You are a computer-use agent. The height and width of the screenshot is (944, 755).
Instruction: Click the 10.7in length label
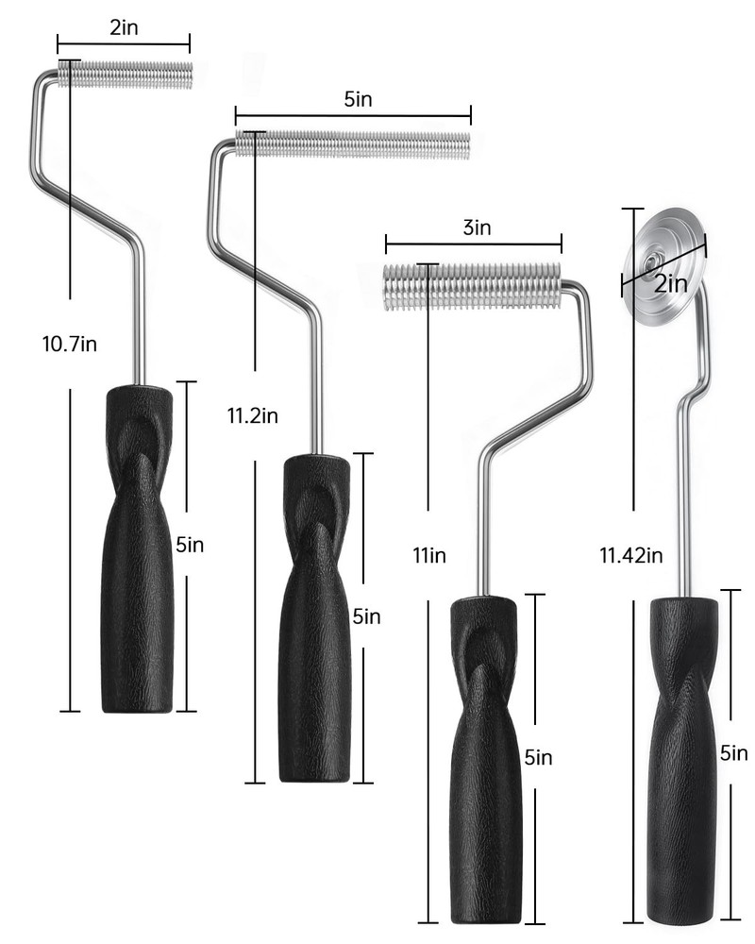70,344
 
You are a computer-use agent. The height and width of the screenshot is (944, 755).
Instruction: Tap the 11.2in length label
253,414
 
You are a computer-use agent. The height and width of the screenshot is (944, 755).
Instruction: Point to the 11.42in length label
630,555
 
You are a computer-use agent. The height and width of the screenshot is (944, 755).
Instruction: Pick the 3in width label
477,228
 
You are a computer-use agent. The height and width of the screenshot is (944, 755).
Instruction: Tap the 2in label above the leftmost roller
124,27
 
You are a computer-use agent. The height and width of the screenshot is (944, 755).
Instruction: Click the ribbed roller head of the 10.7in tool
125,75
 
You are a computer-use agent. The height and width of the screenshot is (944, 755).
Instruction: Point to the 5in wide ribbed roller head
352,145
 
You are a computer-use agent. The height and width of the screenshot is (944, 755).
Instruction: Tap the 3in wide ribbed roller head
472,287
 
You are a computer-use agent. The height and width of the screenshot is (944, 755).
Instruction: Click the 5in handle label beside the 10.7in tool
190,545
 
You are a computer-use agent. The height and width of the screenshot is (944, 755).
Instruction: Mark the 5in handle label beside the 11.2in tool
366,616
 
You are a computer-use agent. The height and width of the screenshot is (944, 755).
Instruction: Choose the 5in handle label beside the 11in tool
538,757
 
